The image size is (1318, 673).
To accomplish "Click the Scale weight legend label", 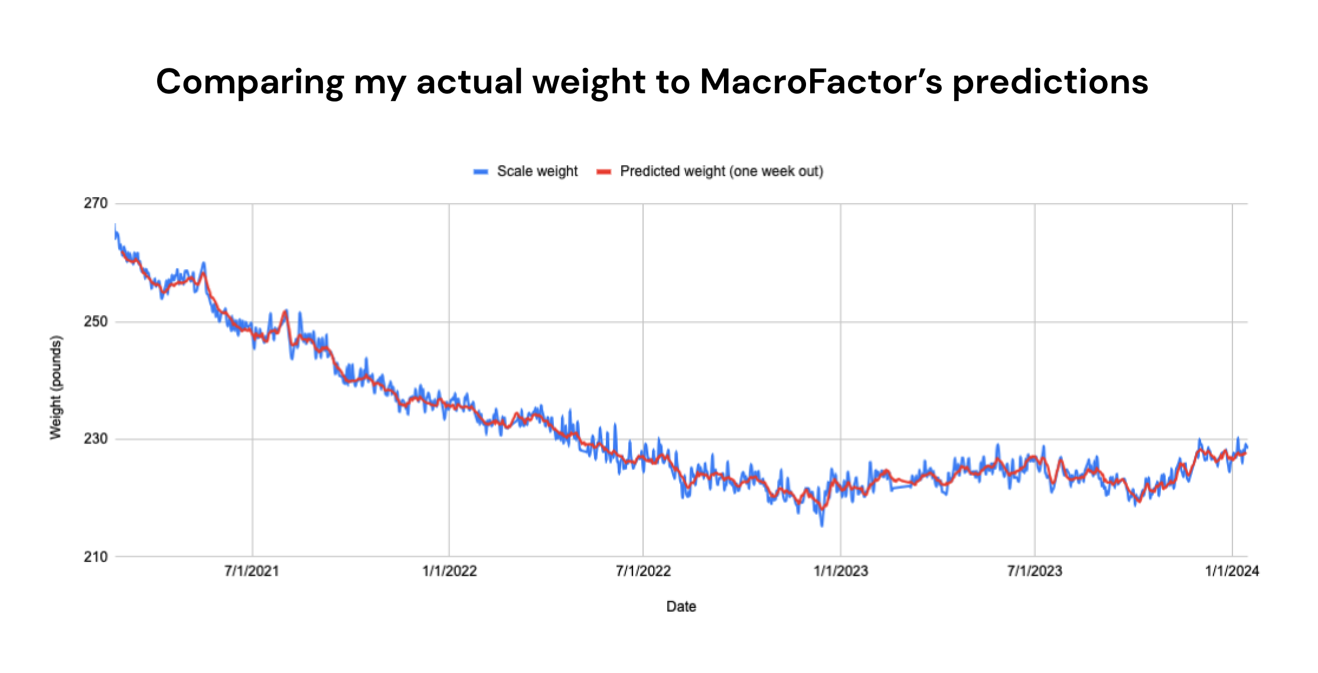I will coord(537,171).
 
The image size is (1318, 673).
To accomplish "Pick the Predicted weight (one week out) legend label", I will coord(721,171).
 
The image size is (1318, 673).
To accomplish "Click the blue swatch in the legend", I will coord(481,172).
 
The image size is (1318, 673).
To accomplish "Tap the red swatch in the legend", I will coord(604,172).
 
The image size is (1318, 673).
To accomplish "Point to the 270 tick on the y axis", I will coord(96,204).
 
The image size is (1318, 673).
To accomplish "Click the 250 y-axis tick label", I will coord(96,322).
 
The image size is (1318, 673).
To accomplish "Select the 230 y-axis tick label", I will coord(96,439).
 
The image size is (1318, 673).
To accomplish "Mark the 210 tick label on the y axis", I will coord(96,557).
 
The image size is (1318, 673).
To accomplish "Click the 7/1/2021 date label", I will coord(252,571).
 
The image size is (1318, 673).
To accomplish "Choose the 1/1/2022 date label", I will coord(449,571).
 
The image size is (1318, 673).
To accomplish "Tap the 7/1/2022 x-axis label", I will coord(643,571).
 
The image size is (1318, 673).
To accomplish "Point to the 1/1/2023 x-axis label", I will coord(840,571).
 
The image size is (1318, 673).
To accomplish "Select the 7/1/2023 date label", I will coord(1035,571).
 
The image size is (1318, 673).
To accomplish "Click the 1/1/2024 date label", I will coord(1232,571).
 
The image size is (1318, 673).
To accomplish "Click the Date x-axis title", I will coord(681,606).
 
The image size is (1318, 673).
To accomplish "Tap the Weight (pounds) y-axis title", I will coord(56,387).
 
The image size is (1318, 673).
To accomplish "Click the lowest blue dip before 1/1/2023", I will coord(822,524).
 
